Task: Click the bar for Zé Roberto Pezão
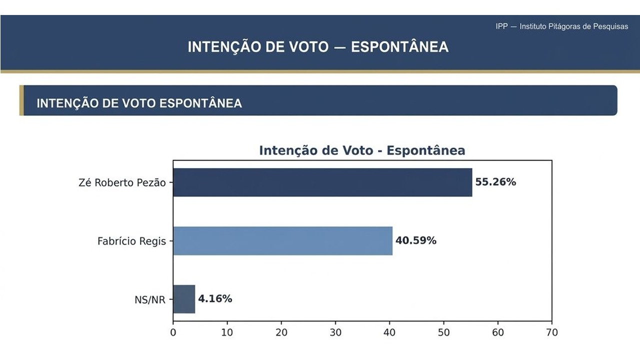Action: click(322, 182)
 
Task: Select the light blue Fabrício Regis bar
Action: click(282, 241)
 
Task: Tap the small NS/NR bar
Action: click(184, 299)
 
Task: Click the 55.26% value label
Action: click(495, 182)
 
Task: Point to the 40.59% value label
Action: click(415, 241)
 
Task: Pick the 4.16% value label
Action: click(215, 299)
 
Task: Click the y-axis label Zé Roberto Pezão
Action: click(122, 182)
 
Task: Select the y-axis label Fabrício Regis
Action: click(131, 241)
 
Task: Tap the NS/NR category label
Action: click(150, 300)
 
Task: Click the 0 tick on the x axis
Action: click(173, 332)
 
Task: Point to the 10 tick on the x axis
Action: click(227, 332)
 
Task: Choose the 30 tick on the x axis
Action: click(335, 332)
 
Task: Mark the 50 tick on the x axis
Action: click(443, 332)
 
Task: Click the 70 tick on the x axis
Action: click(551, 332)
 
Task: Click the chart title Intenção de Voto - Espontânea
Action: click(362, 150)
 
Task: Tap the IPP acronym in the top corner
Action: click(501, 26)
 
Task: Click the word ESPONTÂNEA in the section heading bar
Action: click(200, 103)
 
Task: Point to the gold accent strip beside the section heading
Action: click(21, 100)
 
